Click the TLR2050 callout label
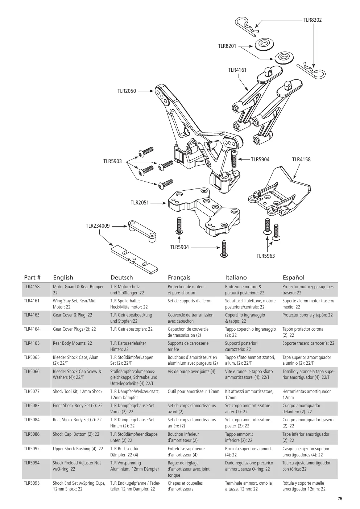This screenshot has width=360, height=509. (127, 91)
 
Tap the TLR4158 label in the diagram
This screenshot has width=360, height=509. (301, 160)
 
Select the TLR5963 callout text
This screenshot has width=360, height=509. (266, 256)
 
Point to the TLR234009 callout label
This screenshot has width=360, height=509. (98, 226)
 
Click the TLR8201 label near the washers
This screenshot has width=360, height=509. (227, 46)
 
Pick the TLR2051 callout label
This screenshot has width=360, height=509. (140, 202)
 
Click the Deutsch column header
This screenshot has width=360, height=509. (121, 277)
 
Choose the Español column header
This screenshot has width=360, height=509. (293, 277)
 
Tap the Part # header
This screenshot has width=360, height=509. (32, 277)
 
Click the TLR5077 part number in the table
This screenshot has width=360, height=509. (32, 392)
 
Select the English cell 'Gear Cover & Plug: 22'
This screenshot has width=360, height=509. (73, 315)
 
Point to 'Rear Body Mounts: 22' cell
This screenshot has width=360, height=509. (72, 343)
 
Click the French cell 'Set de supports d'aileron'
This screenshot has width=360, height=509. (190, 301)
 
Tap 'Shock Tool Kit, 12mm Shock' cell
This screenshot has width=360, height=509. (78, 392)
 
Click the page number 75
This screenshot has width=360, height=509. (340, 499)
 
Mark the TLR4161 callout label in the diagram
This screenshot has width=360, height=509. (237, 70)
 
